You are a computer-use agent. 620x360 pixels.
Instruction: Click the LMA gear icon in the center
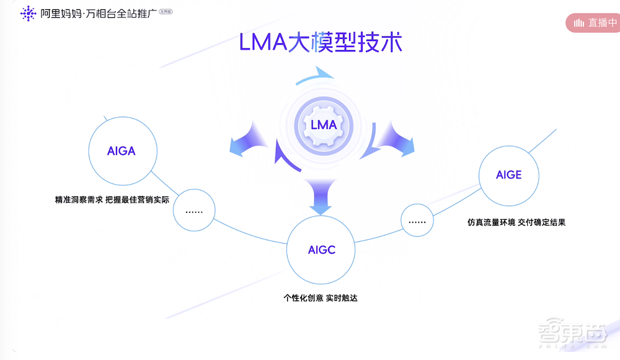pos(323,125)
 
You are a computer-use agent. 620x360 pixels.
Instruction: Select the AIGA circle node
pos(121,151)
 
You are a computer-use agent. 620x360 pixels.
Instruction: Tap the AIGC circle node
pos(321,250)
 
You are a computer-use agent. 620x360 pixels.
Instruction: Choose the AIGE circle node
pos(508,175)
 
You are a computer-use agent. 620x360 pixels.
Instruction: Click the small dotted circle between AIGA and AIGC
pos(194,211)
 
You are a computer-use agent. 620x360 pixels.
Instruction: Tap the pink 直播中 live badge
pos(593,23)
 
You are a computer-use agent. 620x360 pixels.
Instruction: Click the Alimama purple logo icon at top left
pos(28,13)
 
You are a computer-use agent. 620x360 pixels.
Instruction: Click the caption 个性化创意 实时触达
pos(321,297)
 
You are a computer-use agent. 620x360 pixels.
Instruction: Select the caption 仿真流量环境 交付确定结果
pos(516,222)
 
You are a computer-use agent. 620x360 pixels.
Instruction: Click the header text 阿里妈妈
pos(62,13)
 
